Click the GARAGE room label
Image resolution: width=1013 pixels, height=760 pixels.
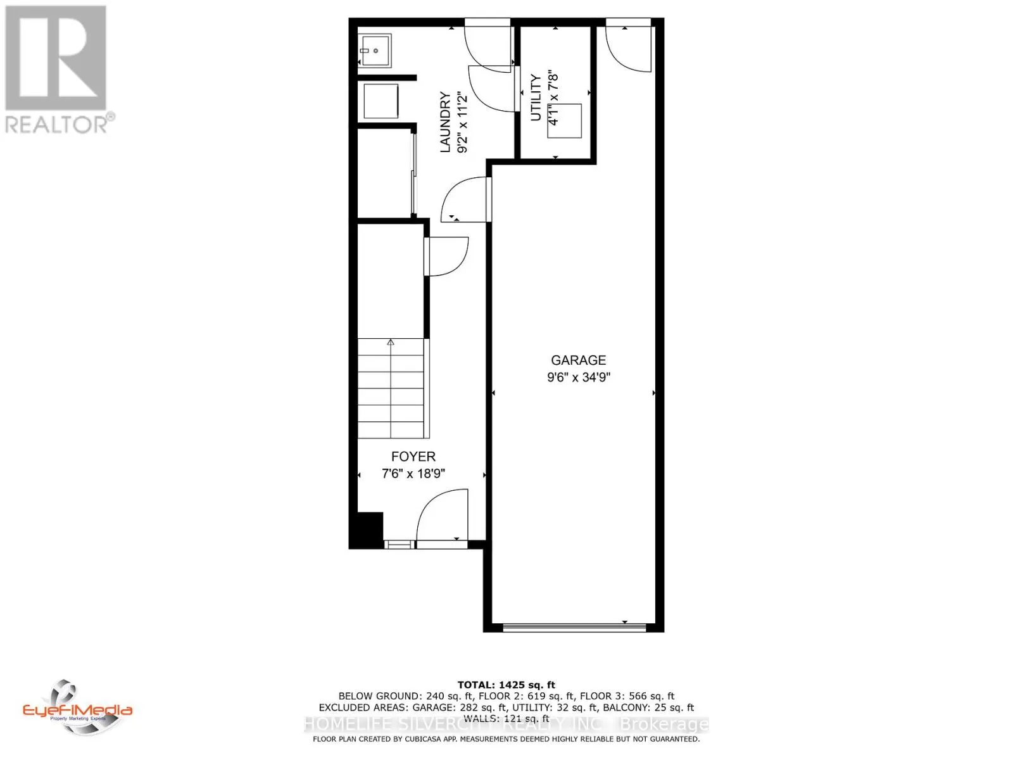point(578,360)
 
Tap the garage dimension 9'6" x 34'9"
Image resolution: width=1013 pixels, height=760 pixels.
point(578,377)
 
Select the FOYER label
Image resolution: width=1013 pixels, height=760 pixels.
point(413,456)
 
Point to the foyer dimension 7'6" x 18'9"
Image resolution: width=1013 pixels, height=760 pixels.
point(413,474)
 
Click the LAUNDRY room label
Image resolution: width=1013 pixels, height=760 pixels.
point(445,122)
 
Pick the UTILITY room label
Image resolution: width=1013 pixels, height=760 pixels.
point(536,98)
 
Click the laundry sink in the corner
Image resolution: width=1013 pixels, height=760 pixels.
point(375,49)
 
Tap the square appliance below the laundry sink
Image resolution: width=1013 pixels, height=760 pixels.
point(381,101)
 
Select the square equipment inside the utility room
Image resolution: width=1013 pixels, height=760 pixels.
point(565,120)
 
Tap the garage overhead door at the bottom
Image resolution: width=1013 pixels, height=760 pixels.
point(574,628)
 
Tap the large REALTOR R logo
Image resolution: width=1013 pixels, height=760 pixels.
point(56,58)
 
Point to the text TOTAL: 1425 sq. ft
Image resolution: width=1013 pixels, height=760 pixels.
point(506,685)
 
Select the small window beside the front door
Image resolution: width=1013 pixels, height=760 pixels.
point(400,543)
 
